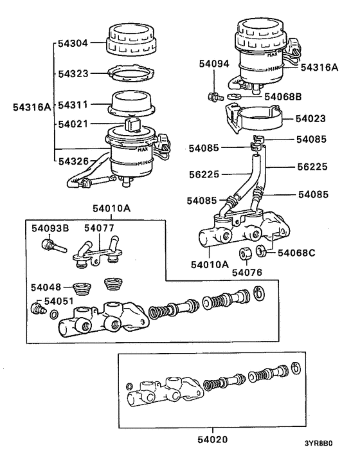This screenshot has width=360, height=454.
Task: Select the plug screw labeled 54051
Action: click(x=38, y=309)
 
